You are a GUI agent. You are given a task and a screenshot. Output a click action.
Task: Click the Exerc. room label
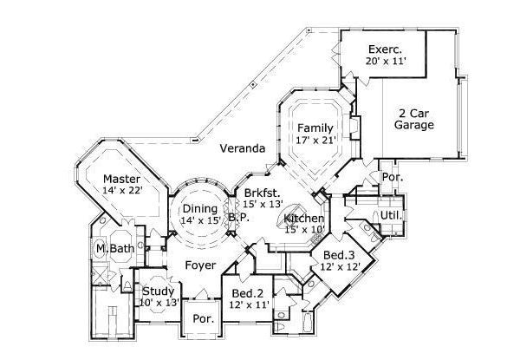pos(381,49)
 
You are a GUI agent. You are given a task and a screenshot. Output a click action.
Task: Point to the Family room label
pos(315,128)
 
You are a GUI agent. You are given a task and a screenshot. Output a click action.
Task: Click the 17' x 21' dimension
pos(315,140)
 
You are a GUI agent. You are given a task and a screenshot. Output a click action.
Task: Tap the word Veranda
pos(241,148)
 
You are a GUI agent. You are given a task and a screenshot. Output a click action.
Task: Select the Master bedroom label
pos(122,179)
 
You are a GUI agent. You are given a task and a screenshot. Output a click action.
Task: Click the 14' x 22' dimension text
pos(122,191)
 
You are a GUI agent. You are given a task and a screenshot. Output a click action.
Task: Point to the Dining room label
pos(199,208)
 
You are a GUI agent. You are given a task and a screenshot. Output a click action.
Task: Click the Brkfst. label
pos(262,192)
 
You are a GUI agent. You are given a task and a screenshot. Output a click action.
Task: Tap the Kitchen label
pos(304,219)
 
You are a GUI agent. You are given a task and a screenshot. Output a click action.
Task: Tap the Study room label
pos(159,291)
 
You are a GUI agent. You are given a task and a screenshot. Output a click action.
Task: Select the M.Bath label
pos(113,249)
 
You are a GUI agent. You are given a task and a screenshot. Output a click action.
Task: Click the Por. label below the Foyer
pos(204,318)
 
